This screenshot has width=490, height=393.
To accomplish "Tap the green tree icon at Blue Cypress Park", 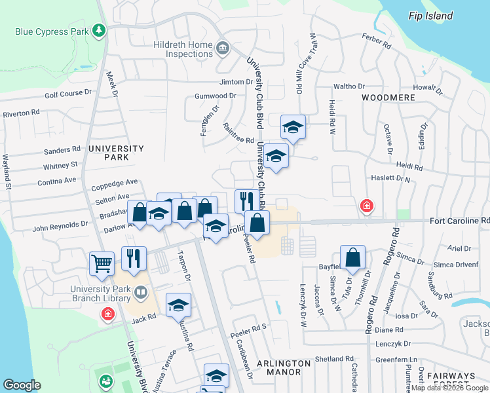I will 99,30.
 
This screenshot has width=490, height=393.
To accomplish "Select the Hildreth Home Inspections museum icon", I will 222,48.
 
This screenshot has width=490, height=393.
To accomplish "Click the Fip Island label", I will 430,16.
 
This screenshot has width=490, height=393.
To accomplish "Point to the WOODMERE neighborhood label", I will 388,97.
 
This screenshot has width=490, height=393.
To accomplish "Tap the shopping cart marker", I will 102,263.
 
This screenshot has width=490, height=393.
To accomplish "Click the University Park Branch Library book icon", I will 140,291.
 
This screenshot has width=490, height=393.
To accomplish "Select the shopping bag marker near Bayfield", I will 352,257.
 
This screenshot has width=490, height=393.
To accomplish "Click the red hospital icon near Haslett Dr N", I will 367,206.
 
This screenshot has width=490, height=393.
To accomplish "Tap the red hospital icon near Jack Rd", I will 107,315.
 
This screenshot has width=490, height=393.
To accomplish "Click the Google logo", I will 22,385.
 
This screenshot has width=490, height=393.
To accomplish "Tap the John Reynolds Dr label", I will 60,224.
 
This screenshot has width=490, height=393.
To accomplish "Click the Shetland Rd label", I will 334,359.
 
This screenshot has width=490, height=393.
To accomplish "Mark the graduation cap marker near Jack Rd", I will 178,305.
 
